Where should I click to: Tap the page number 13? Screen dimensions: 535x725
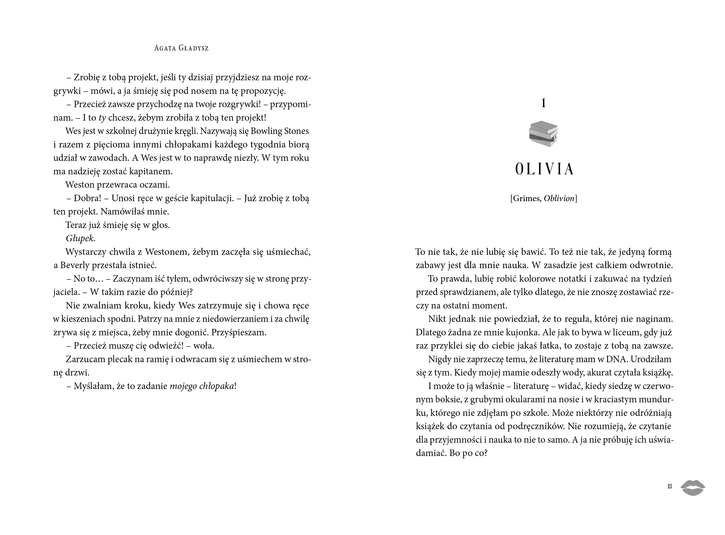(669, 486)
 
